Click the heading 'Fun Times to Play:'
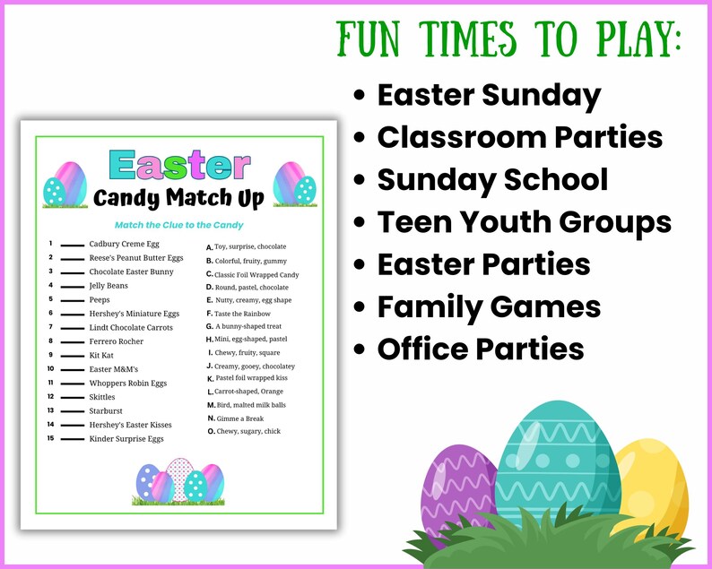click(509, 40)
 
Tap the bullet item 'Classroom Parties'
click(519, 137)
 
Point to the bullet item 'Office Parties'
click(480, 348)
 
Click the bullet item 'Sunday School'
click(492, 179)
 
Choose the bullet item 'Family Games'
click(489, 306)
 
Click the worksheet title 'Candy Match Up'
click(179, 197)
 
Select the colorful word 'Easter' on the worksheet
click(179, 166)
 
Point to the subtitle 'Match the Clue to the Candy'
click(179, 225)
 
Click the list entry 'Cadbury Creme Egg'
click(124, 244)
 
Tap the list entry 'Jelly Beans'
click(109, 286)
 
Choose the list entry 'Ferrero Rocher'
click(117, 341)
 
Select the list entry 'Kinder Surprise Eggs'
click(126, 439)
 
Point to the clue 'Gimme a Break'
click(239, 418)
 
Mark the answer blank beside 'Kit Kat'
click(73, 356)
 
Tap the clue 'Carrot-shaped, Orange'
click(249, 392)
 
